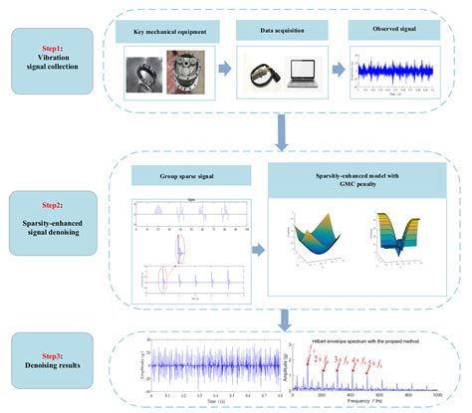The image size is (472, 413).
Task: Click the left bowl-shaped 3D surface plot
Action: point(316,245)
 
